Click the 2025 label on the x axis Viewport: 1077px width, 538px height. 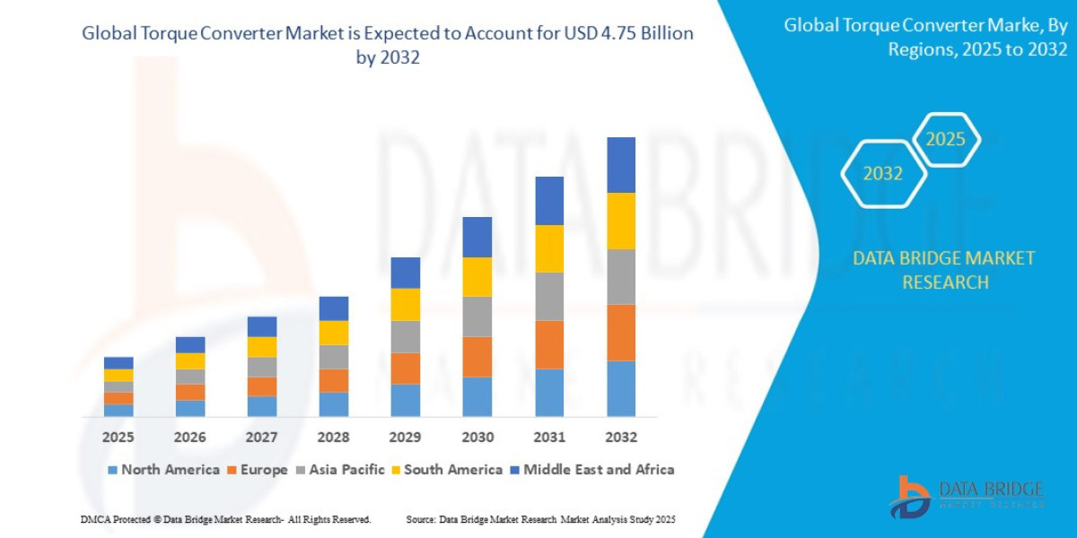[118, 437]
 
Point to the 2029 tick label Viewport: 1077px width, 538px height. [406, 437]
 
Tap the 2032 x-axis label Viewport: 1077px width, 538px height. [621, 437]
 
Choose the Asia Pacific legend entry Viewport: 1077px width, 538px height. [342, 469]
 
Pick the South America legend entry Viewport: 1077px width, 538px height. [446, 469]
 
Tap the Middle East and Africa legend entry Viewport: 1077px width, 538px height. [591, 469]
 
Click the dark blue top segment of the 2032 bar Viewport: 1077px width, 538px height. [621, 165]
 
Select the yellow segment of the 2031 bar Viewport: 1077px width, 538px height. [549, 248]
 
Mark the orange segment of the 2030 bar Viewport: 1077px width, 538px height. [477, 357]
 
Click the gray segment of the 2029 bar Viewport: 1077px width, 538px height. [406, 337]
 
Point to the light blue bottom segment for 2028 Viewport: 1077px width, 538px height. [334, 404]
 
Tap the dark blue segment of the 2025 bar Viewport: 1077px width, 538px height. [118, 363]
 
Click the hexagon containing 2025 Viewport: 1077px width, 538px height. [945, 140]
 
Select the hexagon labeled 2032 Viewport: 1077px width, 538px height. [883, 174]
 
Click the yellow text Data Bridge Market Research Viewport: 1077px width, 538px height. [943, 270]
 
